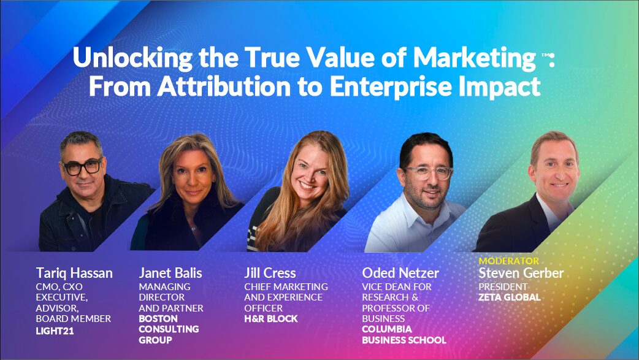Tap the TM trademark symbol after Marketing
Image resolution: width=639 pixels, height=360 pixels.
(545, 55)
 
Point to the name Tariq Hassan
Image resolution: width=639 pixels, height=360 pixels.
(74, 273)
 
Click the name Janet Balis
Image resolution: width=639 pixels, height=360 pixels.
(170, 273)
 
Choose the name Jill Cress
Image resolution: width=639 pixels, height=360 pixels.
(270, 273)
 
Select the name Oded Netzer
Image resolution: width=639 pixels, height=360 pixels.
(400, 273)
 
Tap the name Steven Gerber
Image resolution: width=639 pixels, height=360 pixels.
(521, 273)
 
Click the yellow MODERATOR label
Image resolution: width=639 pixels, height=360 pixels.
(508, 261)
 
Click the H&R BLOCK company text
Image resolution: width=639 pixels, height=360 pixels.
(271, 319)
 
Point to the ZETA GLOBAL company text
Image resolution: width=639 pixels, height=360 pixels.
(510, 297)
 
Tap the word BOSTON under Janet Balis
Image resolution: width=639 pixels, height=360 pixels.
(158, 319)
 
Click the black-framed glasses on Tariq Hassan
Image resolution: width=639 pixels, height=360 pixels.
(82, 166)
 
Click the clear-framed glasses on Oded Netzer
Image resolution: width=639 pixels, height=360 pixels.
(427, 172)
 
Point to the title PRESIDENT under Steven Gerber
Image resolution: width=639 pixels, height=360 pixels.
(503, 286)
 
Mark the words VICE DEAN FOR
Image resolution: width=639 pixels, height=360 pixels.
(397, 286)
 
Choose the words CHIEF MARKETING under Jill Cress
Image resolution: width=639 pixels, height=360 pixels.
(286, 286)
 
